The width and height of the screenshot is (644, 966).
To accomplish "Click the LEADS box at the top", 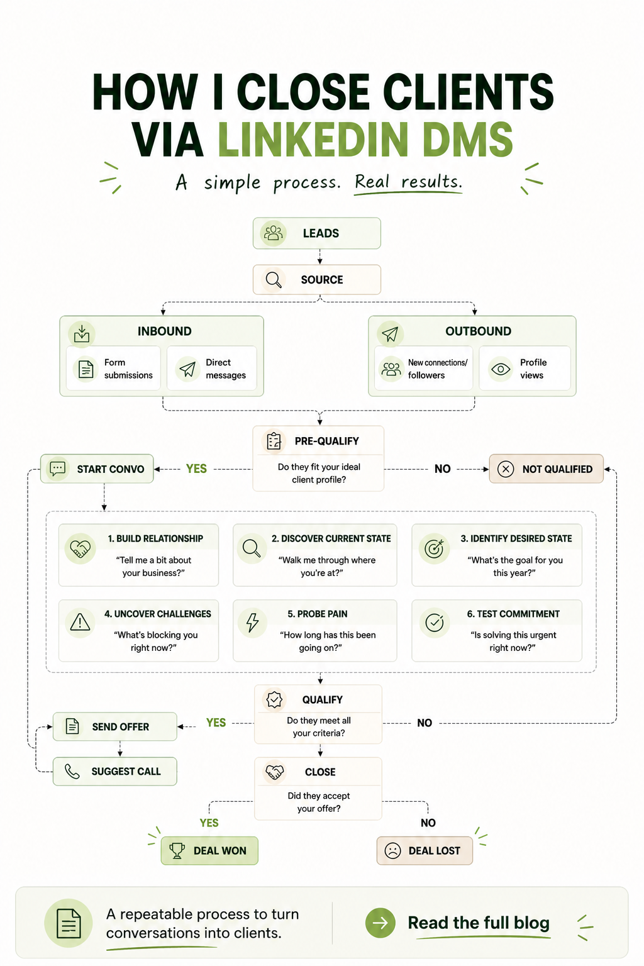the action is pos(316,233).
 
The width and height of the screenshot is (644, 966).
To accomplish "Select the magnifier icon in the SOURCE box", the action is pos(274,280).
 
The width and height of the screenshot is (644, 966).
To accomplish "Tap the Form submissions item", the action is pos(113,369).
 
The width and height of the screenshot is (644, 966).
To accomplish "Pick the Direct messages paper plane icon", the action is pos(187,369).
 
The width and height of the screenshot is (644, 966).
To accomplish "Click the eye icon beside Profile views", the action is pos(501,369).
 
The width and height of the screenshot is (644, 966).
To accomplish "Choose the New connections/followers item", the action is pos(424,369).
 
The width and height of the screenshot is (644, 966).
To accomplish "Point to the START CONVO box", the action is pos(97,469).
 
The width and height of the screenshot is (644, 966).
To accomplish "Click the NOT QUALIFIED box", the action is pos(546,469).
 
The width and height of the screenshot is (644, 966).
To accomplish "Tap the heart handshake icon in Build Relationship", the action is pos(80,549).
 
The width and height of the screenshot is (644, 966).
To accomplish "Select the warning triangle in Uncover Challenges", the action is pos(80,622).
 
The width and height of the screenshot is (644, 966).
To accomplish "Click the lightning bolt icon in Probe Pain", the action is pos(252,623).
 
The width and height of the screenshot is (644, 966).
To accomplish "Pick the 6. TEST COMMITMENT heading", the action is pos(513,614).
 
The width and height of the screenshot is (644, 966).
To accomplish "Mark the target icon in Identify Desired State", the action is pos(434,548).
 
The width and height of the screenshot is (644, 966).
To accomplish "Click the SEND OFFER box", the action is pos(114,726).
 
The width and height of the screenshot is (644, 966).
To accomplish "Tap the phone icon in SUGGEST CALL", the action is pos(72,772).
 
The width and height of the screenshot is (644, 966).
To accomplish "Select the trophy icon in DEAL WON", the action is pos(177,851).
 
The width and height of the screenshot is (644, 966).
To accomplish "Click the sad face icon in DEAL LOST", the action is pos(392,851).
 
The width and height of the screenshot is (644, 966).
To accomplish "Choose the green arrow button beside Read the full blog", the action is pos(380,923).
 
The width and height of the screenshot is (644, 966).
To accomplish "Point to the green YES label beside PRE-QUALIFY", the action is pos(196,469).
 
